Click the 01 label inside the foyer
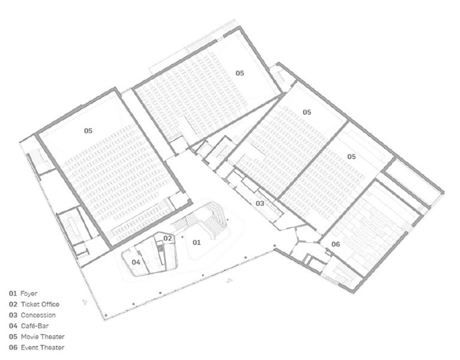click(x=196, y=242)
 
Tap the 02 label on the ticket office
click(x=167, y=238)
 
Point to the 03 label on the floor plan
click(x=260, y=204)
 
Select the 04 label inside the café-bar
click(x=136, y=262)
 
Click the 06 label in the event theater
click(x=336, y=244)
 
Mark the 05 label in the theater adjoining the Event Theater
click(x=351, y=156)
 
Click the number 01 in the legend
click(x=13, y=293)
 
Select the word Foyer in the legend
click(x=29, y=294)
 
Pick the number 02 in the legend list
click(x=13, y=304)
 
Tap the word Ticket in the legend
click(x=29, y=304)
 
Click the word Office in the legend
click(x=50, y=304)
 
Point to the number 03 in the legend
click(x=13, y=315)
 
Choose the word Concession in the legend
click(x=38, y=315)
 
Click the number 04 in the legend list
click(x=13, y=326)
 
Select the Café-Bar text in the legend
click(x=35, y=326)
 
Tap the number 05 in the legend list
click(x=13, y=337)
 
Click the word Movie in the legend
click(x=29, y=337)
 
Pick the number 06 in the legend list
click(x=13, y=348)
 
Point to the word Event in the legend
click(x=29, y=348)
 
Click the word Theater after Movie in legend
click(x=53, y=337)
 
